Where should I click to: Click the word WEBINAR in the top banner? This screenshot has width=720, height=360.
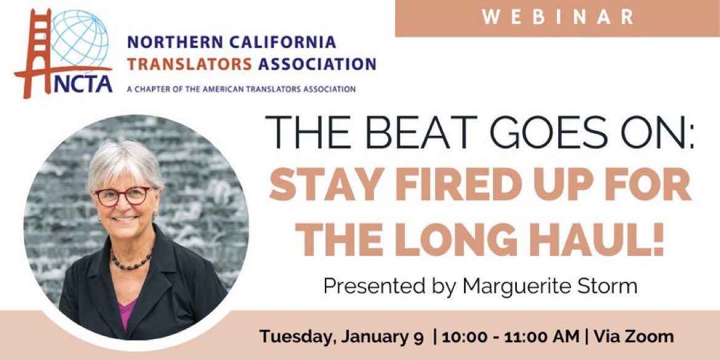point(558,17)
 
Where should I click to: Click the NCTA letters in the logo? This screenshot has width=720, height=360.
point(82,84)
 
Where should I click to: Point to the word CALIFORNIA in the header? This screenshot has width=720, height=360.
point(283,42)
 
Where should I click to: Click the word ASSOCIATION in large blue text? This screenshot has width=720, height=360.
point(318,63)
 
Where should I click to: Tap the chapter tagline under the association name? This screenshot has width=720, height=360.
point(241,89)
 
